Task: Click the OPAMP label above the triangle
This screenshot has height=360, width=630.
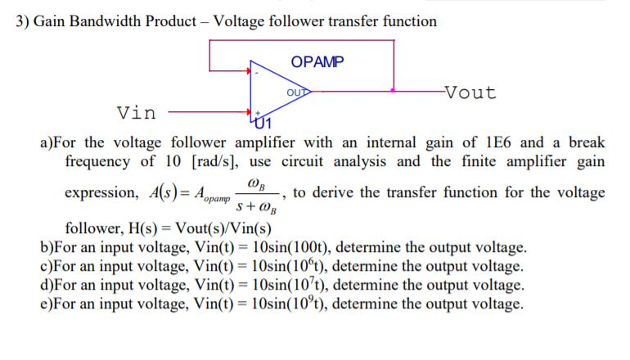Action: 317,61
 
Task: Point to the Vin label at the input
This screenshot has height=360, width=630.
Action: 137,111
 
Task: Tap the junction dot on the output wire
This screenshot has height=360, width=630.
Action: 394,90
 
